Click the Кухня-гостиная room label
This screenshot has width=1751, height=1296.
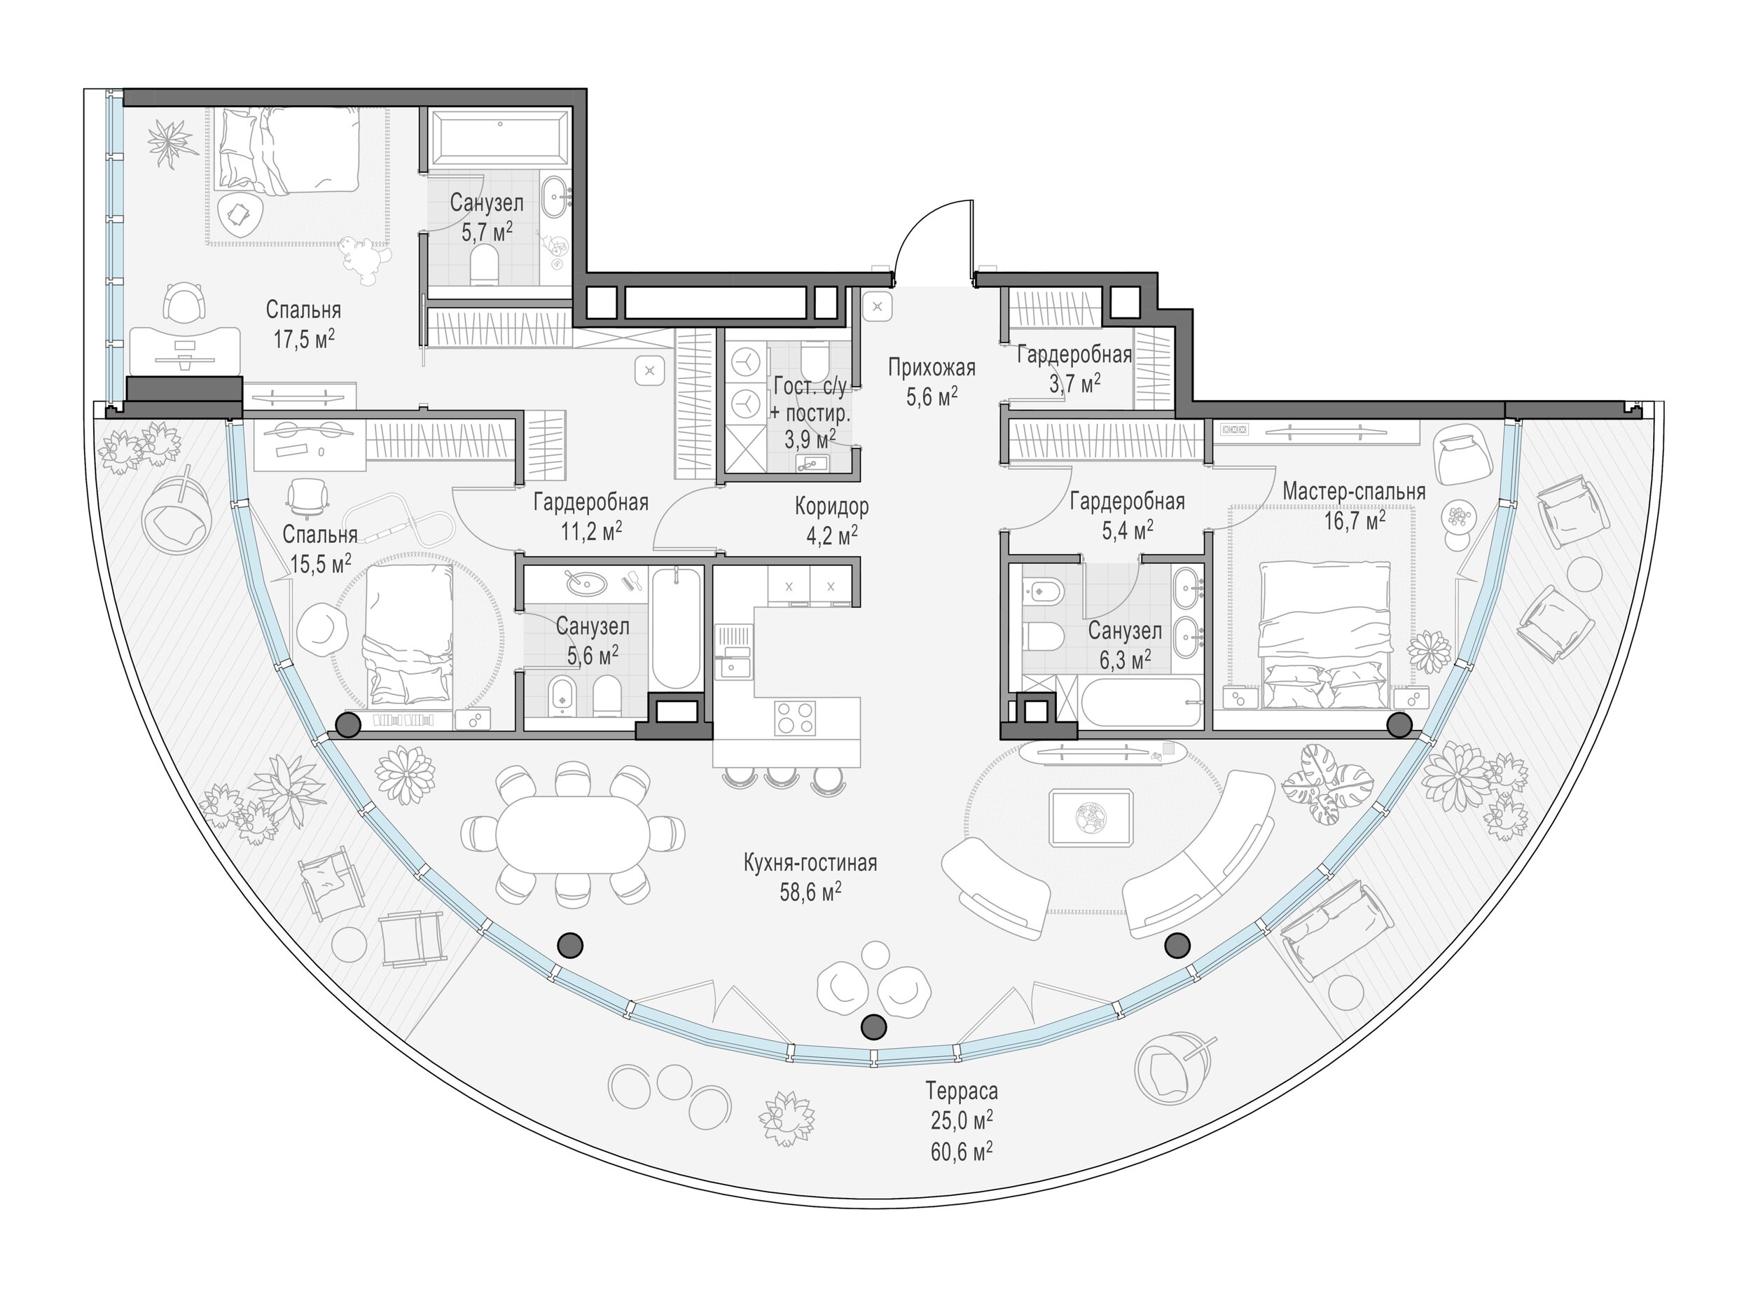click(810, 864)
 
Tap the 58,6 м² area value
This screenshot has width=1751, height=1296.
click(811, 892)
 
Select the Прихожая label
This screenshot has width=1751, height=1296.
click(932, 367)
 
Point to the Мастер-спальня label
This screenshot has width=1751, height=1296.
click(1354, 492)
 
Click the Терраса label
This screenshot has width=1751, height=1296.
click(962, 1091)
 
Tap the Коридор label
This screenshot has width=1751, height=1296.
click(832, 506)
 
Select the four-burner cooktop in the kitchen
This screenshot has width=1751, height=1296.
click(795, 718)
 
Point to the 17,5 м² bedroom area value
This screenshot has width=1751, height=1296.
click(303, 339)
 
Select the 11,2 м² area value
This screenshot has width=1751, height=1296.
click(591, 531)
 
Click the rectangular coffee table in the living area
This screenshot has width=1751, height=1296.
click(1091, 818)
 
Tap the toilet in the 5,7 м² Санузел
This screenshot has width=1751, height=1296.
click(486, 264)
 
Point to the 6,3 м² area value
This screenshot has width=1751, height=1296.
click(1126, 659)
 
